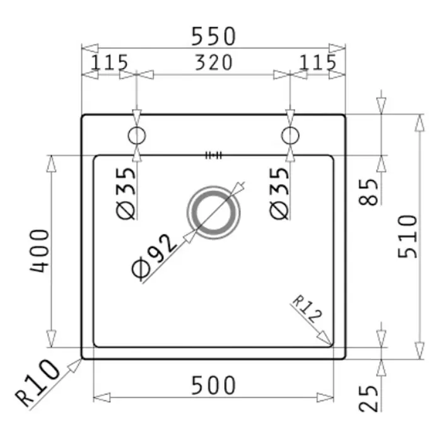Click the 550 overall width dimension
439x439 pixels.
213,37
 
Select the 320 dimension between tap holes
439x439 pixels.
213,62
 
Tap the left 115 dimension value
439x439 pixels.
109,62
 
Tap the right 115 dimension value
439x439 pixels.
317,62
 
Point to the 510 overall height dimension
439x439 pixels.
407,237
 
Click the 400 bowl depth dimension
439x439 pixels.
40,251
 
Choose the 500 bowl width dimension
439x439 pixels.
213,385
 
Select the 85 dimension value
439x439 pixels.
368,192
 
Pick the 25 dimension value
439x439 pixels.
368,399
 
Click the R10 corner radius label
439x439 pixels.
37,383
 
